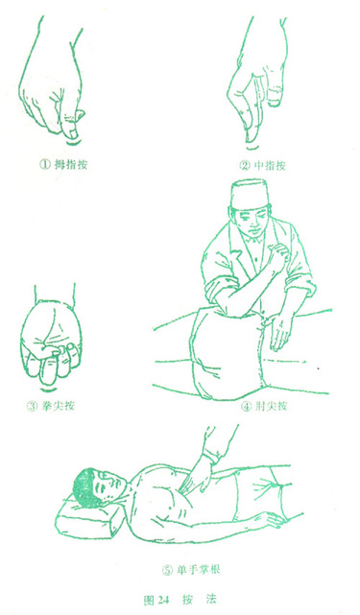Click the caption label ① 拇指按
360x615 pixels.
pyautogui.click(x=62, y=165)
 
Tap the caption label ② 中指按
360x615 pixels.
pyautogui.click(x=263, y=166)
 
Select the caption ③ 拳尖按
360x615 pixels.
pyautogui.click(x=51, y=406)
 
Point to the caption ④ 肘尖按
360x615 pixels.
pyautogui.click(x=264, y=406)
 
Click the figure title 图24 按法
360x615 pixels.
pyautogui.click(x=180, y=600)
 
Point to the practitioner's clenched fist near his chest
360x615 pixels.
pyautogui.click(x=278, y=254)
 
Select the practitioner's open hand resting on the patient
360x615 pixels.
pyautogui.click(x=280, y=331)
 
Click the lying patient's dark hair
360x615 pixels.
pyautogui.click(x=84, y=488)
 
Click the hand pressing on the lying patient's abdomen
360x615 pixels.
pyautogui.click(x=196, y=475)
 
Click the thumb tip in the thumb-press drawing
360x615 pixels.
pyautogui.click(x=71, y=130)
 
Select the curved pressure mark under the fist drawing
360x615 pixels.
pyautogui.click(x=49, y=389)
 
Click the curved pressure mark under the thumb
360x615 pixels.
pyautogui.click(x=71, y=142)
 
